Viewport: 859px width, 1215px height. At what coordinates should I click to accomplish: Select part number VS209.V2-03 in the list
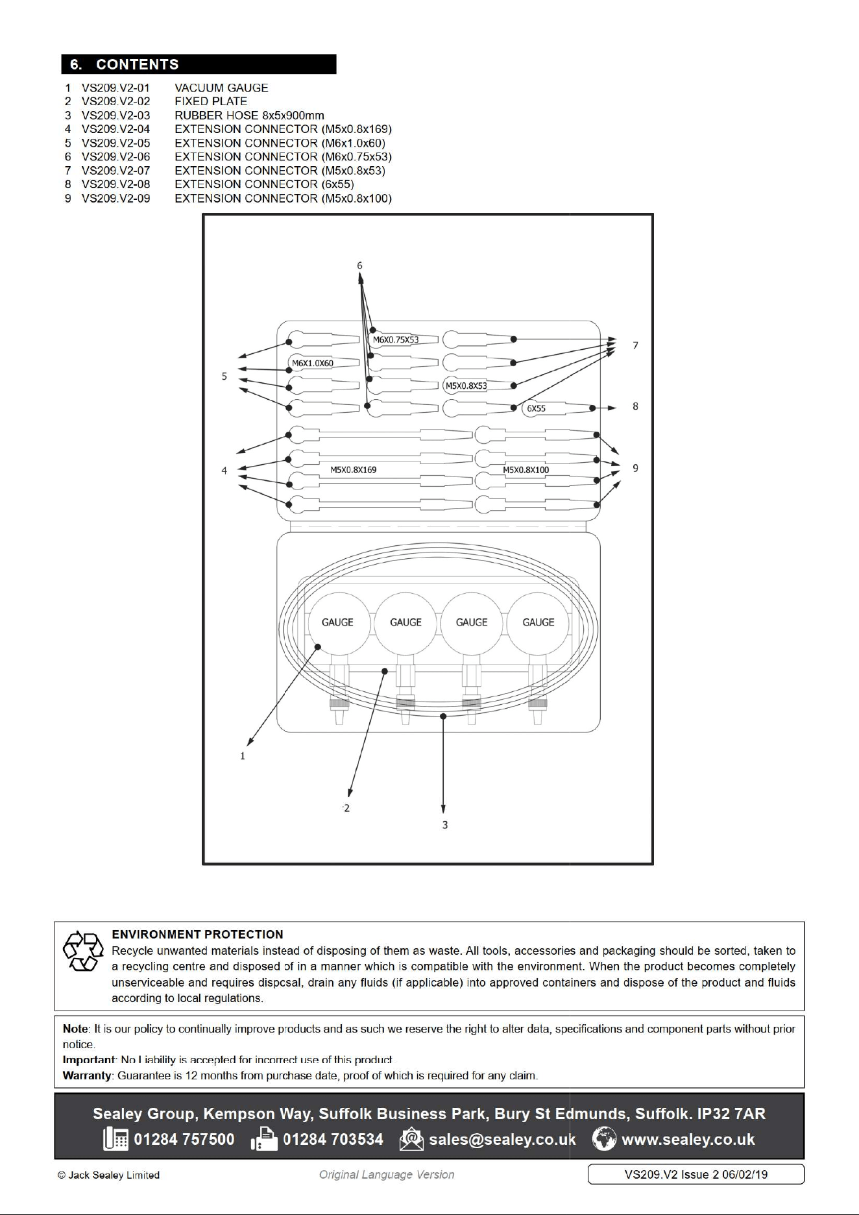[x=115, y=116]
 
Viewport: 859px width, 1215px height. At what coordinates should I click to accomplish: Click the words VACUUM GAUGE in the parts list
[x=221, y=88]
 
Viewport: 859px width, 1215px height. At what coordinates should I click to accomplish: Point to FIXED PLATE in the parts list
[x=211, y=101]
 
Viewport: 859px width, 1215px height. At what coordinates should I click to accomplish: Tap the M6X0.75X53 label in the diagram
[x=396, y=339]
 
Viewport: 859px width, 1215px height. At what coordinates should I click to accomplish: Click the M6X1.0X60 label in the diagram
[x=313, y=363]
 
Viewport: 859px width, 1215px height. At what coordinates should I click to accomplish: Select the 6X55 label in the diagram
[x=536, y=408]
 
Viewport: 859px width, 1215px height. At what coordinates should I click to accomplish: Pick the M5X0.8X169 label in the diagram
[x=354, y=469]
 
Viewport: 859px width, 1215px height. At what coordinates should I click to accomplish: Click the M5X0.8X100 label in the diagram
[x=526, y=469]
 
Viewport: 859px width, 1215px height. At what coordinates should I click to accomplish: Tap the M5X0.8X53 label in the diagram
[x=466, y=386]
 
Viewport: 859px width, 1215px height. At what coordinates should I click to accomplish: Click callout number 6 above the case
[x=359, y=265]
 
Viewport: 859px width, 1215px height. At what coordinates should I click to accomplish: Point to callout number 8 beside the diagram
[x=635, y=406]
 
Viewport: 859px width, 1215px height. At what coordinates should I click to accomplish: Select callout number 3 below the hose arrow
[x=444, y=825]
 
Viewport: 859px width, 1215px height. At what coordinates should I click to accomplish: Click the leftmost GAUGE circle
[x=338, y=622]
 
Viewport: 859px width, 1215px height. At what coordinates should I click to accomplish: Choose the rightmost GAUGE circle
[x=538, y=622]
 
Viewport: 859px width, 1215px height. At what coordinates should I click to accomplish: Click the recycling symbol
[x=83, y=951]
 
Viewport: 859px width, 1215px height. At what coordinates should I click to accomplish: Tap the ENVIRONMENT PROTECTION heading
[x=197, y=935]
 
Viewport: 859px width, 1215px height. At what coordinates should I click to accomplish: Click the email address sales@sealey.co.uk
[x=502, y=1140]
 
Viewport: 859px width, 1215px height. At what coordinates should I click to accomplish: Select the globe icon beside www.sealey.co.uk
[x=604, y=1140]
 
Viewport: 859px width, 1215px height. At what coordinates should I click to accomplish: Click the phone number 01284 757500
[x=184, y=1140]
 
